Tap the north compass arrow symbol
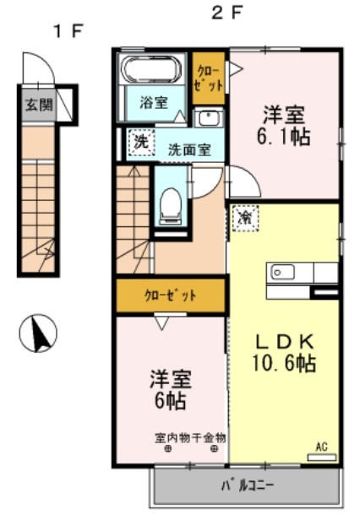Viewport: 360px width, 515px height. click(37, 334)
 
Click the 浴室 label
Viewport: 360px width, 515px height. click(154, 103)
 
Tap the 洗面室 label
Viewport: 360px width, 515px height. click(189, 149)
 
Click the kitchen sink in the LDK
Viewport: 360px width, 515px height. click(281, 273)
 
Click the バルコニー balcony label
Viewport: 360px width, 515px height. click(248, 486)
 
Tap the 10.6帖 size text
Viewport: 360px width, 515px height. click(286, 364)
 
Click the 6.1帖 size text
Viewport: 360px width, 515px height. click(283, 136)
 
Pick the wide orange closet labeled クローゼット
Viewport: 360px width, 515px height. click(172, 295)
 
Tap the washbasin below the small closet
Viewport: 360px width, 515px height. click(207, 117)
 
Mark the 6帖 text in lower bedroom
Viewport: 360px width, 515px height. click(168, 399)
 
